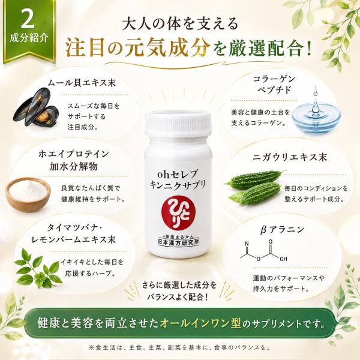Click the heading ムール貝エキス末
click(x=82, y=82)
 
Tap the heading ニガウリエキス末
click(x=290, y=157)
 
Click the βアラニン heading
click(x=282, y=230)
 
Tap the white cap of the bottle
click(x=178, y=124)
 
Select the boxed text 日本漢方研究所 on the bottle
click(x=179, y=242)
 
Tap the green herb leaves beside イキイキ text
click(x=38, y=268)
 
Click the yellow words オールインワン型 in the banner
click(x=200, y=323)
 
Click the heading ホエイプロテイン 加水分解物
click(x=73, y=160)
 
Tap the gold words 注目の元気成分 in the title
click(x=138, y=49)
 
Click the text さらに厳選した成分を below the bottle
click(x=179, y=286)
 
